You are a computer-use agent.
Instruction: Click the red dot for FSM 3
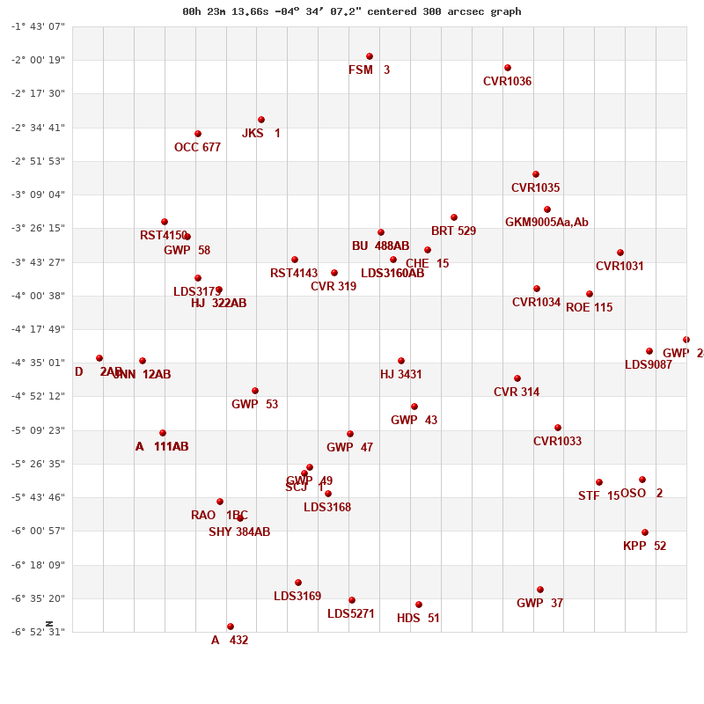tap(370, 56)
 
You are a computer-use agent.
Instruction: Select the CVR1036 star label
tap(507, 82)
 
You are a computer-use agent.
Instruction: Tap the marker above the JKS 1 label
tap(261, 120)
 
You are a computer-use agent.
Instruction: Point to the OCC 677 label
tap(197, 148)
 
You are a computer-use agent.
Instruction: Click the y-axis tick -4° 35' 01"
tap(38, 363)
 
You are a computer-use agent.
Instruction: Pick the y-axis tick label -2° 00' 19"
tap(38, 60)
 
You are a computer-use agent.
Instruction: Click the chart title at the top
tap(352, 11)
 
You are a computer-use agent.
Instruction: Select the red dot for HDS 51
tap(419, 605)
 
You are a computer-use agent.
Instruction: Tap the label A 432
tap(230, 641)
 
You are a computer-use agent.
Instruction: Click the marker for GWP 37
tap(540, 590)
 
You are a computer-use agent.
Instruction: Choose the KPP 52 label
tap(644, 546)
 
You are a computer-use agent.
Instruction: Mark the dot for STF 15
tap(599, 482)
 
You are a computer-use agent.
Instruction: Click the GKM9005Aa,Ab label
tap(546, 223)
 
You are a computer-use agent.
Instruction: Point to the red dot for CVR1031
tap(620, 253)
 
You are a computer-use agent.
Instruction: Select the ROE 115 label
tap(589, 308)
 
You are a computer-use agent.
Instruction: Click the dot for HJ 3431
tap(401, 361)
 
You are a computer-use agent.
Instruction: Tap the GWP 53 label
tap(254, 405)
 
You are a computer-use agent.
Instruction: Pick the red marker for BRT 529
tap(454, 217)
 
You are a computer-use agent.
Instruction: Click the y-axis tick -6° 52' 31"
tap(38, 632)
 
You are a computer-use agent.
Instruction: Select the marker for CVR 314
tap(517, 378)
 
